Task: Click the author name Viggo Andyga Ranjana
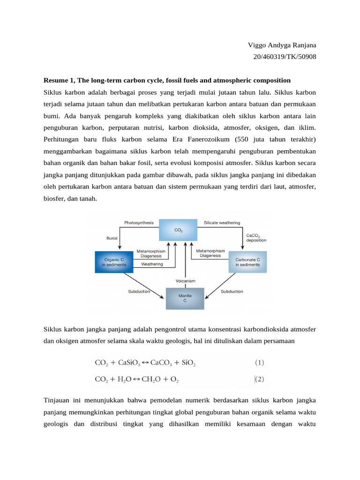[x=282, y=45]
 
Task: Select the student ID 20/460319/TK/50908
[x=284, y=57]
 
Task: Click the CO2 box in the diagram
[x=178, y=230]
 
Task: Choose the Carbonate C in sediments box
[x=247, y=262]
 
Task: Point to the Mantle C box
[x=185, y=298]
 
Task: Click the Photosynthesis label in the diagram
[x=139, y=223]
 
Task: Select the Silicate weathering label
[x=222, y=223]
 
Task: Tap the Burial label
[x=112, y=238]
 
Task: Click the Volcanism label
[x=186, y=281]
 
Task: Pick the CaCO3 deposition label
[x=256, y=237]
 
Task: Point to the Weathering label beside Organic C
[x=152, y=264]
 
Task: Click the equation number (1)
[x=260, y=362]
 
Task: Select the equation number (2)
[x=260, y=380]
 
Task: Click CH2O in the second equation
[x=151, y=381]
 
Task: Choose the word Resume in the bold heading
[x=56, y=81]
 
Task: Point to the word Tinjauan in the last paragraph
[x=59, y=401]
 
